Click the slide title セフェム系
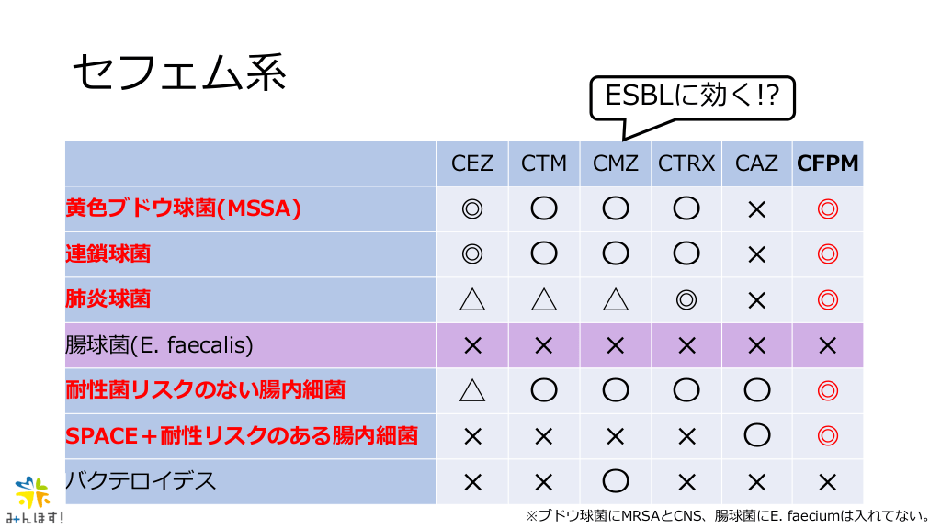click(179, 73)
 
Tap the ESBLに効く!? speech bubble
click(692, 97)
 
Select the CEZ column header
click(472, 163)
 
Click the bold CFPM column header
click(828, 163)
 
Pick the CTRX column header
click(686, 163)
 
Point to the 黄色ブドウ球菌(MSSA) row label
click(184, 208)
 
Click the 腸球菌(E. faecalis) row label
click(160, 345)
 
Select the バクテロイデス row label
click(141, 481)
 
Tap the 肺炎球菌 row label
click(108, 298)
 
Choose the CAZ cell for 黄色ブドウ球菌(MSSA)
click(757, 209)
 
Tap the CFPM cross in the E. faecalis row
click(828, 345)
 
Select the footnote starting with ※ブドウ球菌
click(728, 516)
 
